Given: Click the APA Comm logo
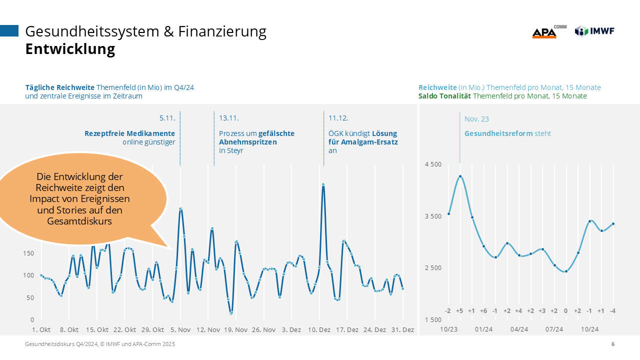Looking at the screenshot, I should [548, 32].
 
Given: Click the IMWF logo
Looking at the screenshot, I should [594, 31].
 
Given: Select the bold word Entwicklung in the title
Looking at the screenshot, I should [70, 49].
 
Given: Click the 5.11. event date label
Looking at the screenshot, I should [167, 118].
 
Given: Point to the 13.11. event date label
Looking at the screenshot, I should [229, 118].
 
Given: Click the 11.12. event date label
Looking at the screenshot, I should [338, 118].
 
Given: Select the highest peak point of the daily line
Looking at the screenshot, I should [323, 184].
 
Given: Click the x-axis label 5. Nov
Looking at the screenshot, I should [180, 330].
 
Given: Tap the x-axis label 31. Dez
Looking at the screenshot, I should [401, 330].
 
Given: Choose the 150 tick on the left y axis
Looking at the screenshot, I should [28, 253].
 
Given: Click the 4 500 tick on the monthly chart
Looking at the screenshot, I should [433, 164].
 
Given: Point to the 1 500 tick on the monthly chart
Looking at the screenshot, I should [433, 319].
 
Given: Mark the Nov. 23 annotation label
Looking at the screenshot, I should [476, 119].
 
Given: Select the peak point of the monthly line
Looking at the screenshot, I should [460, 176].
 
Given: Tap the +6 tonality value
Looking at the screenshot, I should [483, 311].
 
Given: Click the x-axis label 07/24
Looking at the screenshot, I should [554, 329].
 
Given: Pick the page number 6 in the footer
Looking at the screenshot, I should [613, 344].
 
